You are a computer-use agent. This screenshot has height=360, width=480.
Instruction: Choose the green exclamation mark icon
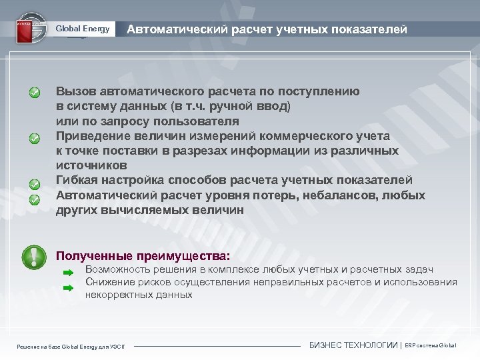pos(33,257)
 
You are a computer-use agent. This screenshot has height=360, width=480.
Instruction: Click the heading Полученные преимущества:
pos(143,255)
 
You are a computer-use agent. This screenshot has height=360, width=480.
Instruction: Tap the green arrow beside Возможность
pos(67,273)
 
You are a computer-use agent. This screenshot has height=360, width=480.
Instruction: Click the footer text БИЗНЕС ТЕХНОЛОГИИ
pos(353,345)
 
